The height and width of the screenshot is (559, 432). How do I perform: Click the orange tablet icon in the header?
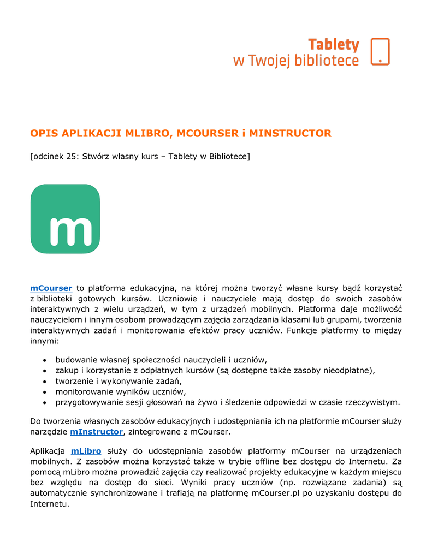(x=380, y=51)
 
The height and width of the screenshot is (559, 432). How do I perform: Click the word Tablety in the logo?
(x=334, y=44)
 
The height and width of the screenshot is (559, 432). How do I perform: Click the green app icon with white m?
(x=65, y=219)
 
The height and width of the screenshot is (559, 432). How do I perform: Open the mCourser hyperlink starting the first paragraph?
(x=51, y=288)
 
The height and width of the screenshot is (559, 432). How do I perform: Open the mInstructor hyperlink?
(x=97, y=432)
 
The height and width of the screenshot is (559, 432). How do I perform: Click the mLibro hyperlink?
(x=86, y=451)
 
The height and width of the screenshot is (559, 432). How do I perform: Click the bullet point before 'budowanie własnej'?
(x=44, y=360)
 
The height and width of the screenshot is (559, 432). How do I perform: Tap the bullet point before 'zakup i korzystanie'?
(x=44, y=371)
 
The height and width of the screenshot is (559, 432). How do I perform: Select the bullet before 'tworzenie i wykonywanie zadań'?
(x=44, y=382)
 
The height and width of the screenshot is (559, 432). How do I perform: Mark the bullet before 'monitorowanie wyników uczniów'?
(x=44, y=392)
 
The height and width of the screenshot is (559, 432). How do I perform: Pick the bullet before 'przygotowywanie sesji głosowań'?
(x=44, y=403)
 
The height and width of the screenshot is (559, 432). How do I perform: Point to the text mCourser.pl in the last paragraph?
(x=277, y=493)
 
